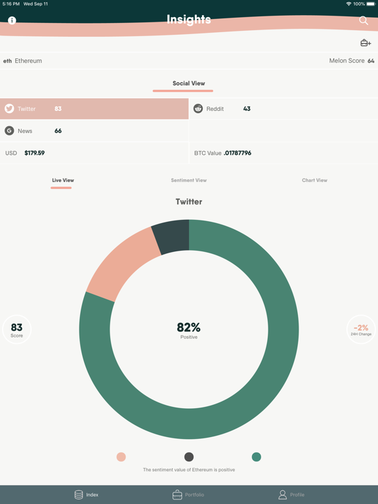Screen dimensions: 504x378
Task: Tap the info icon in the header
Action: click(12, 20)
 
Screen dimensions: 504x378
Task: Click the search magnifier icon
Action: click(364, 20)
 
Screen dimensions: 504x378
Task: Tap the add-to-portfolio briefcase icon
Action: click(366, 43)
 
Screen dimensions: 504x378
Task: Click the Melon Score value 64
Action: click(371, 61)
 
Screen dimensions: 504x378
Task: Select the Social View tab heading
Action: click(189, 83)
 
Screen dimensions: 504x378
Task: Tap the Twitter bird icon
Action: click(9, 109)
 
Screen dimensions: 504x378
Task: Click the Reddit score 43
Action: click(247, 109)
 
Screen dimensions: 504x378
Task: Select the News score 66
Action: click(58, 131)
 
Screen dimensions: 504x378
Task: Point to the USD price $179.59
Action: click(35, 153)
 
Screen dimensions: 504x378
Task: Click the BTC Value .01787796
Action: click(238, 153)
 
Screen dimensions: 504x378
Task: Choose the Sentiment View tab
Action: click(189, 180)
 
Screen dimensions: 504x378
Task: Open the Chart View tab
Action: click(314, 180)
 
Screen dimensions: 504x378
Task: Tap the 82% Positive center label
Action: click(189, 330)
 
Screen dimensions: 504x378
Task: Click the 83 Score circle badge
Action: click(17, 329)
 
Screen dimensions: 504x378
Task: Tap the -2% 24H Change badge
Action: click(361, 329)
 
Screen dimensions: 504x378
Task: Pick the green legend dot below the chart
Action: click(257, 457)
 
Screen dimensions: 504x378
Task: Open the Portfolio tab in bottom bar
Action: click(188, 495)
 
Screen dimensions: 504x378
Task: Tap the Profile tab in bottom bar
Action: click(291, 495)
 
